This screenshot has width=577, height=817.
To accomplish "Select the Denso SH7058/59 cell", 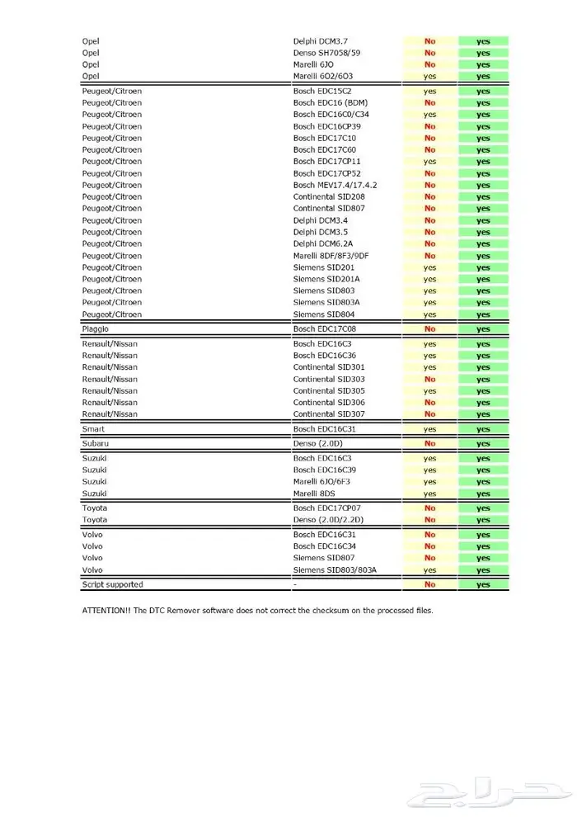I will click(x=326, y=52).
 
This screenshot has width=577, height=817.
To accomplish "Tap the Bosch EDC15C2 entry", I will click(x=322, y=91).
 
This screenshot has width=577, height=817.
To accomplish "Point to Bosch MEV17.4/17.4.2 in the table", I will click(x=335, y=185).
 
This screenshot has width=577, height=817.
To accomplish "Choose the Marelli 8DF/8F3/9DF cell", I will click(x=331, y=256).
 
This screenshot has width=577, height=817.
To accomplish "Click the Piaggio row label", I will click(x=95, y=328).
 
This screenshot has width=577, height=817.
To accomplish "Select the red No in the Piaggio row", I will click(x=429, y=328).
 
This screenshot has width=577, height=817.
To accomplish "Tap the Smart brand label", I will click(x=93, y=429).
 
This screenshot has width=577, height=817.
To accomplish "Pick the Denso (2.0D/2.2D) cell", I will click(x=329, y=520).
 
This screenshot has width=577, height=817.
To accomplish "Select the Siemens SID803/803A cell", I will click(x=335, y=569).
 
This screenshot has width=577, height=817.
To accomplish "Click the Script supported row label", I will click(x=112, y=584).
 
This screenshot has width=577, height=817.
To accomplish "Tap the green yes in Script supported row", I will click(x=483, y=584).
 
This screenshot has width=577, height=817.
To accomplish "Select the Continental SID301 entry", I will click(x=329, y=367).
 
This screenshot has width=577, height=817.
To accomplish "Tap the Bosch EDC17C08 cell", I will click(x=324, y=328).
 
